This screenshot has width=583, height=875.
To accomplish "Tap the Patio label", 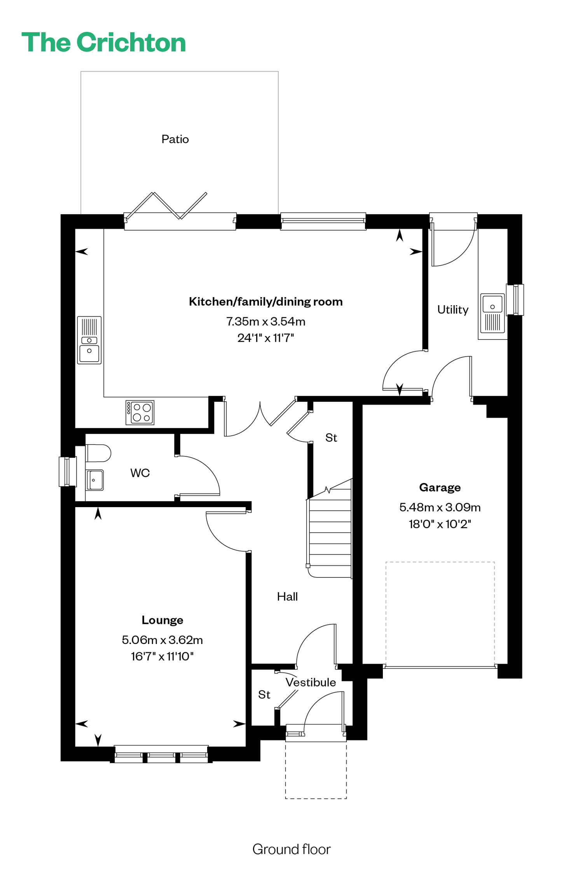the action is [x=175, y=139].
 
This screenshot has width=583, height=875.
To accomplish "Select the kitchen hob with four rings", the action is [x=140, y=412].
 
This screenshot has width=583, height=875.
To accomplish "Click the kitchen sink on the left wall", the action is [x=89, y=340].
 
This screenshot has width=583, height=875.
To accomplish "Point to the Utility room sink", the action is [x=492, y=313].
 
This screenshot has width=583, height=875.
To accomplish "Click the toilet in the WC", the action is [x=98, y=453].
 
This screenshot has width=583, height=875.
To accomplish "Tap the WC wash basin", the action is [x=94, y=480].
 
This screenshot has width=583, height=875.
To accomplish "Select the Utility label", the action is [x=453, y=310].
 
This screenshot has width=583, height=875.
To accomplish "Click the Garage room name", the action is [x=440, y=487].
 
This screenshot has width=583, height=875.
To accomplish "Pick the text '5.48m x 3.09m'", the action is [x=440, y=507].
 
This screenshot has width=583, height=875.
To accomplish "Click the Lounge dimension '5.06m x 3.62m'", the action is [x=162, y=640].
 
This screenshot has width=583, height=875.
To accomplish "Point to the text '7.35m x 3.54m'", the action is [x=266, y=321].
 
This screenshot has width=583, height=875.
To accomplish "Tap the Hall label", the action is [x=288, y=597].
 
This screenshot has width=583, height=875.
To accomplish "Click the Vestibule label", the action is [x=311, y=682].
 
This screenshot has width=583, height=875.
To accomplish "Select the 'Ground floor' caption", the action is [x=291, y=849].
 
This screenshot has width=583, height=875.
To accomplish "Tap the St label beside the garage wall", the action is [x=331, y=438].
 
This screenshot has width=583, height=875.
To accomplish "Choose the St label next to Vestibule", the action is [x=264, y=695].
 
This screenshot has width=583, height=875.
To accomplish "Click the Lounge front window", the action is [x=161, y=754].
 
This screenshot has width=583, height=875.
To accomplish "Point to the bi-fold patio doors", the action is [x=180, y=212].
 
